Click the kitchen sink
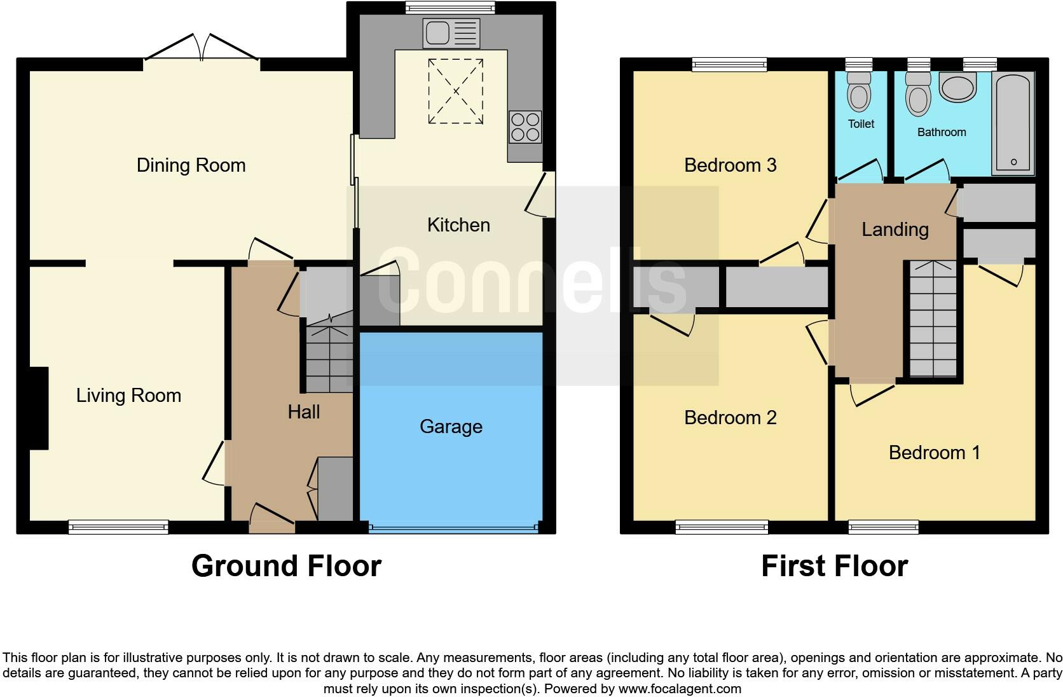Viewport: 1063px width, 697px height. pyautogui.click(x=451, y=34)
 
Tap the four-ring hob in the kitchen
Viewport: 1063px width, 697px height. pyautogui.click(x=525, y=127)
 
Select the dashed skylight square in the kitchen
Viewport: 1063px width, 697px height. pyautogui.click(x=455, y=91)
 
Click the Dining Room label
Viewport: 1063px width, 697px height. pyautogui.click(x=191, y=165)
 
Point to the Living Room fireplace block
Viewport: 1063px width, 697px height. pyautogui.click(x=39, y=408)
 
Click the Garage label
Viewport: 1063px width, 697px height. pyautogui.click(x=451, y=426)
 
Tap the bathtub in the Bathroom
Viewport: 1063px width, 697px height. pyautogui.click(x=1013, y=123)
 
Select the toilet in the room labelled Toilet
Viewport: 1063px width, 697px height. pyautogui.click(x=859, y=93)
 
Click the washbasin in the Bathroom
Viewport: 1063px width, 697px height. pyautogui.click(x=957, y=88)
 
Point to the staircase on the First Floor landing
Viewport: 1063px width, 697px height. pyautogui.click(x=933, y=319)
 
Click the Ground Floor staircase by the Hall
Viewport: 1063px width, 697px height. pyautogui.click(x=329, y=359)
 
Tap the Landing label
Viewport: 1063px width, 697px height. pyautogui.click(x=895, y=230)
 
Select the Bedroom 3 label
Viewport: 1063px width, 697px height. pyautogui.click(x=730, y=165)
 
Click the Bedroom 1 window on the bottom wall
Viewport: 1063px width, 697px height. pyautogui.click(x=883, y=527)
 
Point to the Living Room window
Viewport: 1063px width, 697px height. pyautogui.click(x=118, y=527)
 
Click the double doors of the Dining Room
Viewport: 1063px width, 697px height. pyautogui.click(x=202, y=48)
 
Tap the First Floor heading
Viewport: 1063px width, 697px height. pyautogui.click(x=834, y=566)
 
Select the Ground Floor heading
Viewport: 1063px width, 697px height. pyautogui.click(x=286, y=566)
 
